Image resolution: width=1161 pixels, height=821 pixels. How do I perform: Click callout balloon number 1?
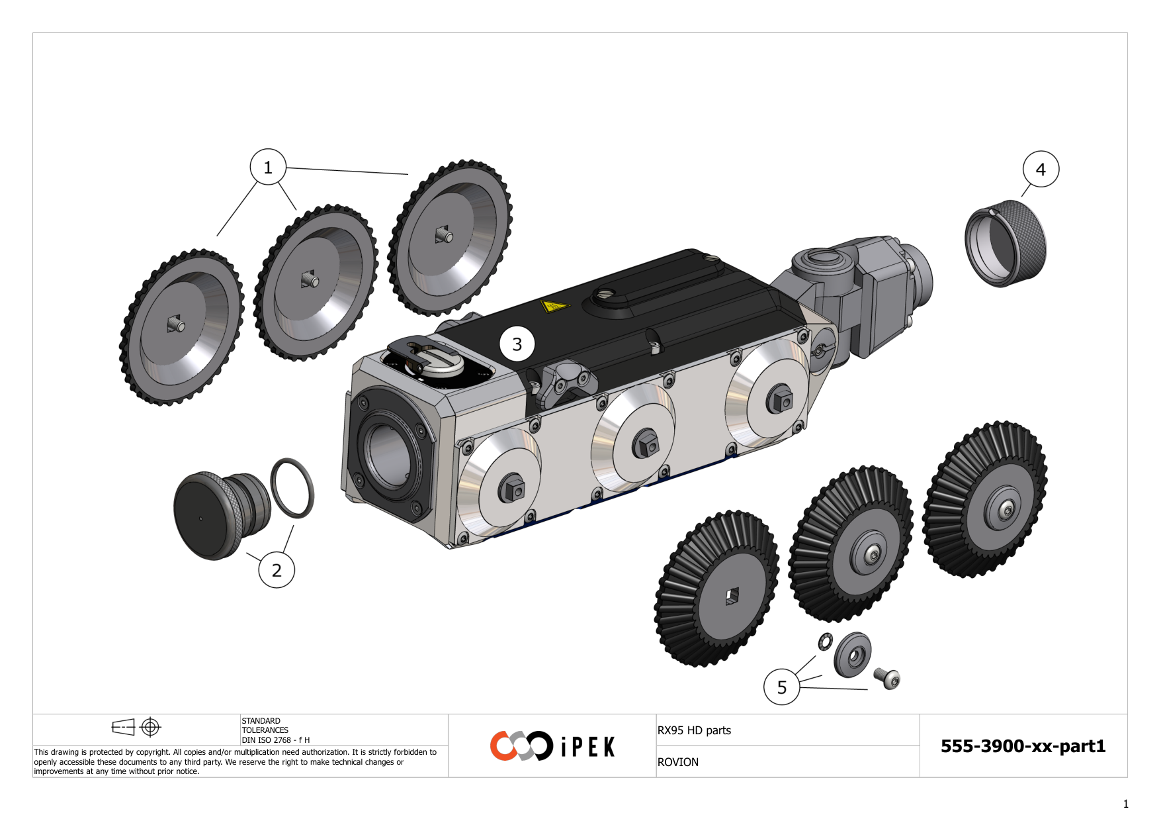click(x=268, y=167)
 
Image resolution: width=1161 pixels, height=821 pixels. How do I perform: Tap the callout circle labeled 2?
click(x=277, y=570)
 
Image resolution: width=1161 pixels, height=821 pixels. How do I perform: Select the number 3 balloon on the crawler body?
click(x=517, y=344)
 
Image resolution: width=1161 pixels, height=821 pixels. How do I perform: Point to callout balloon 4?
click(x=1041, y=169)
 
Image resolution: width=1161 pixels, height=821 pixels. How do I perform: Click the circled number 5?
click(x=781, y=687)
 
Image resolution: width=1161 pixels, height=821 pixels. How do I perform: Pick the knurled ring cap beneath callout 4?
click(x=1006, y=244)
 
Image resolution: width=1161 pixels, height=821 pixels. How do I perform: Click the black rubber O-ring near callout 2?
click(x=292, y=488)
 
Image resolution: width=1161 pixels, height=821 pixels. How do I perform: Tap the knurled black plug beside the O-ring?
click(x=215, y=515)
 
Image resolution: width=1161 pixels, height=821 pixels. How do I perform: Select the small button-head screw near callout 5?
click(x=888, y=678)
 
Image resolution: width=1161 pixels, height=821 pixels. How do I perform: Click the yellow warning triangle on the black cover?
click(x=554, y=307)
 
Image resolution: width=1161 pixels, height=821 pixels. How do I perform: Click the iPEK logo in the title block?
click(x=552, y=746)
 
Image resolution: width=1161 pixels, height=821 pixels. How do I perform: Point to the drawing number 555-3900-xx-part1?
click(x=1023, y=746)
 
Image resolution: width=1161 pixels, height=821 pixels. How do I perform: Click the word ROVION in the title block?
click(x=677, y=762)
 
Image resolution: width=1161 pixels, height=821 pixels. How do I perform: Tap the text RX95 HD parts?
click(x=694, y=730)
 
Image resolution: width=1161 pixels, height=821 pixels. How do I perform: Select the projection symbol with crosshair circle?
click(x=151, y=727)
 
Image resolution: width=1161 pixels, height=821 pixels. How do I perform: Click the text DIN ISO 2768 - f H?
click(x=275, y=740)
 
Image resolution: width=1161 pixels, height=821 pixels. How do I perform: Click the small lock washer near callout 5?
click(x=825, y=642)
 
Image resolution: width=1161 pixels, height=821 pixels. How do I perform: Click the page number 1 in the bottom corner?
click(x=1125, y=804)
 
